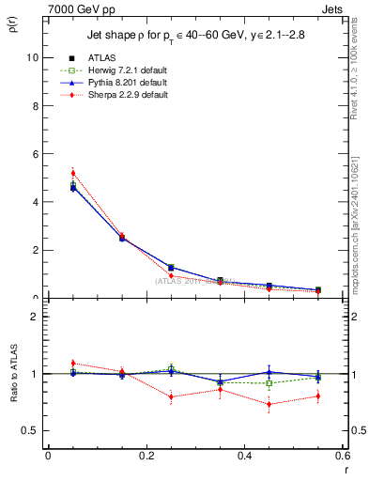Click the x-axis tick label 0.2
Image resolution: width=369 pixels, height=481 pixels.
coord(146,456)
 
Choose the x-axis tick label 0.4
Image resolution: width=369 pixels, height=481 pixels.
coord(244,456)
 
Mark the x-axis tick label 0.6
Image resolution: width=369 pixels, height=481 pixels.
coord(342,456)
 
